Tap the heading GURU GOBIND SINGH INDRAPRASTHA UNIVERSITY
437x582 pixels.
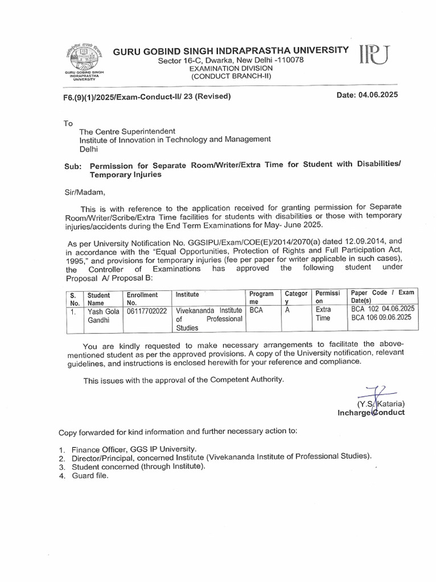point(231,51)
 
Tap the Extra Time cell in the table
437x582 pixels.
point(323,314)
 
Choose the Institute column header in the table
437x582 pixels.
point(188,295)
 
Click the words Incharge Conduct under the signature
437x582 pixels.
point(371,413)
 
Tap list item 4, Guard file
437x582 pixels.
point(90,476)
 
